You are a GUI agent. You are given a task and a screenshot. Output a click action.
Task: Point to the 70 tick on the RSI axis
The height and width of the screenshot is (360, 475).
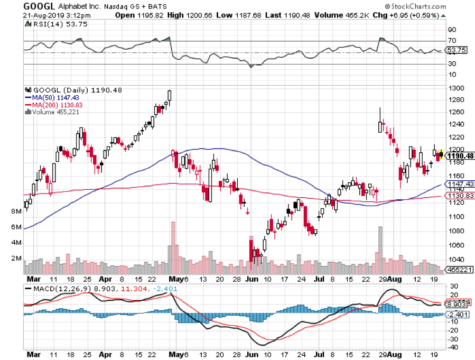(452, 41)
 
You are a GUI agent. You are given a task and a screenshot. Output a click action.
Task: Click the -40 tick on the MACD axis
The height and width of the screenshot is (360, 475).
(453, 347)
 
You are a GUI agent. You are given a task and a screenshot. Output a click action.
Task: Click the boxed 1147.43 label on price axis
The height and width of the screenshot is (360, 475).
(458, 184)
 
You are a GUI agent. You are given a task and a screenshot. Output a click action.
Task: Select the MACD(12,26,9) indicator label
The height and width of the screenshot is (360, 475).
(53, 288)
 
